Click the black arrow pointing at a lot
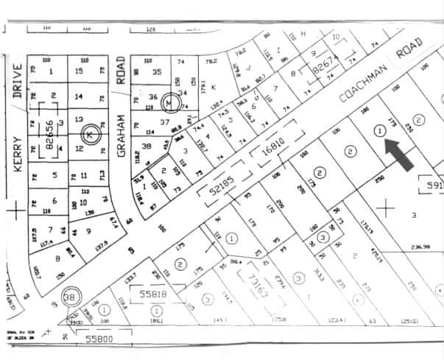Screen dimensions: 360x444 coord(400,154)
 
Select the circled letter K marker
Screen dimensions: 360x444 coord(90,135)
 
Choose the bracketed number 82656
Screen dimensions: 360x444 coord(49,125)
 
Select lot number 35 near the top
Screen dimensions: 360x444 coord(156,71)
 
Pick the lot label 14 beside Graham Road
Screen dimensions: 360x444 coord(80,96)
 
